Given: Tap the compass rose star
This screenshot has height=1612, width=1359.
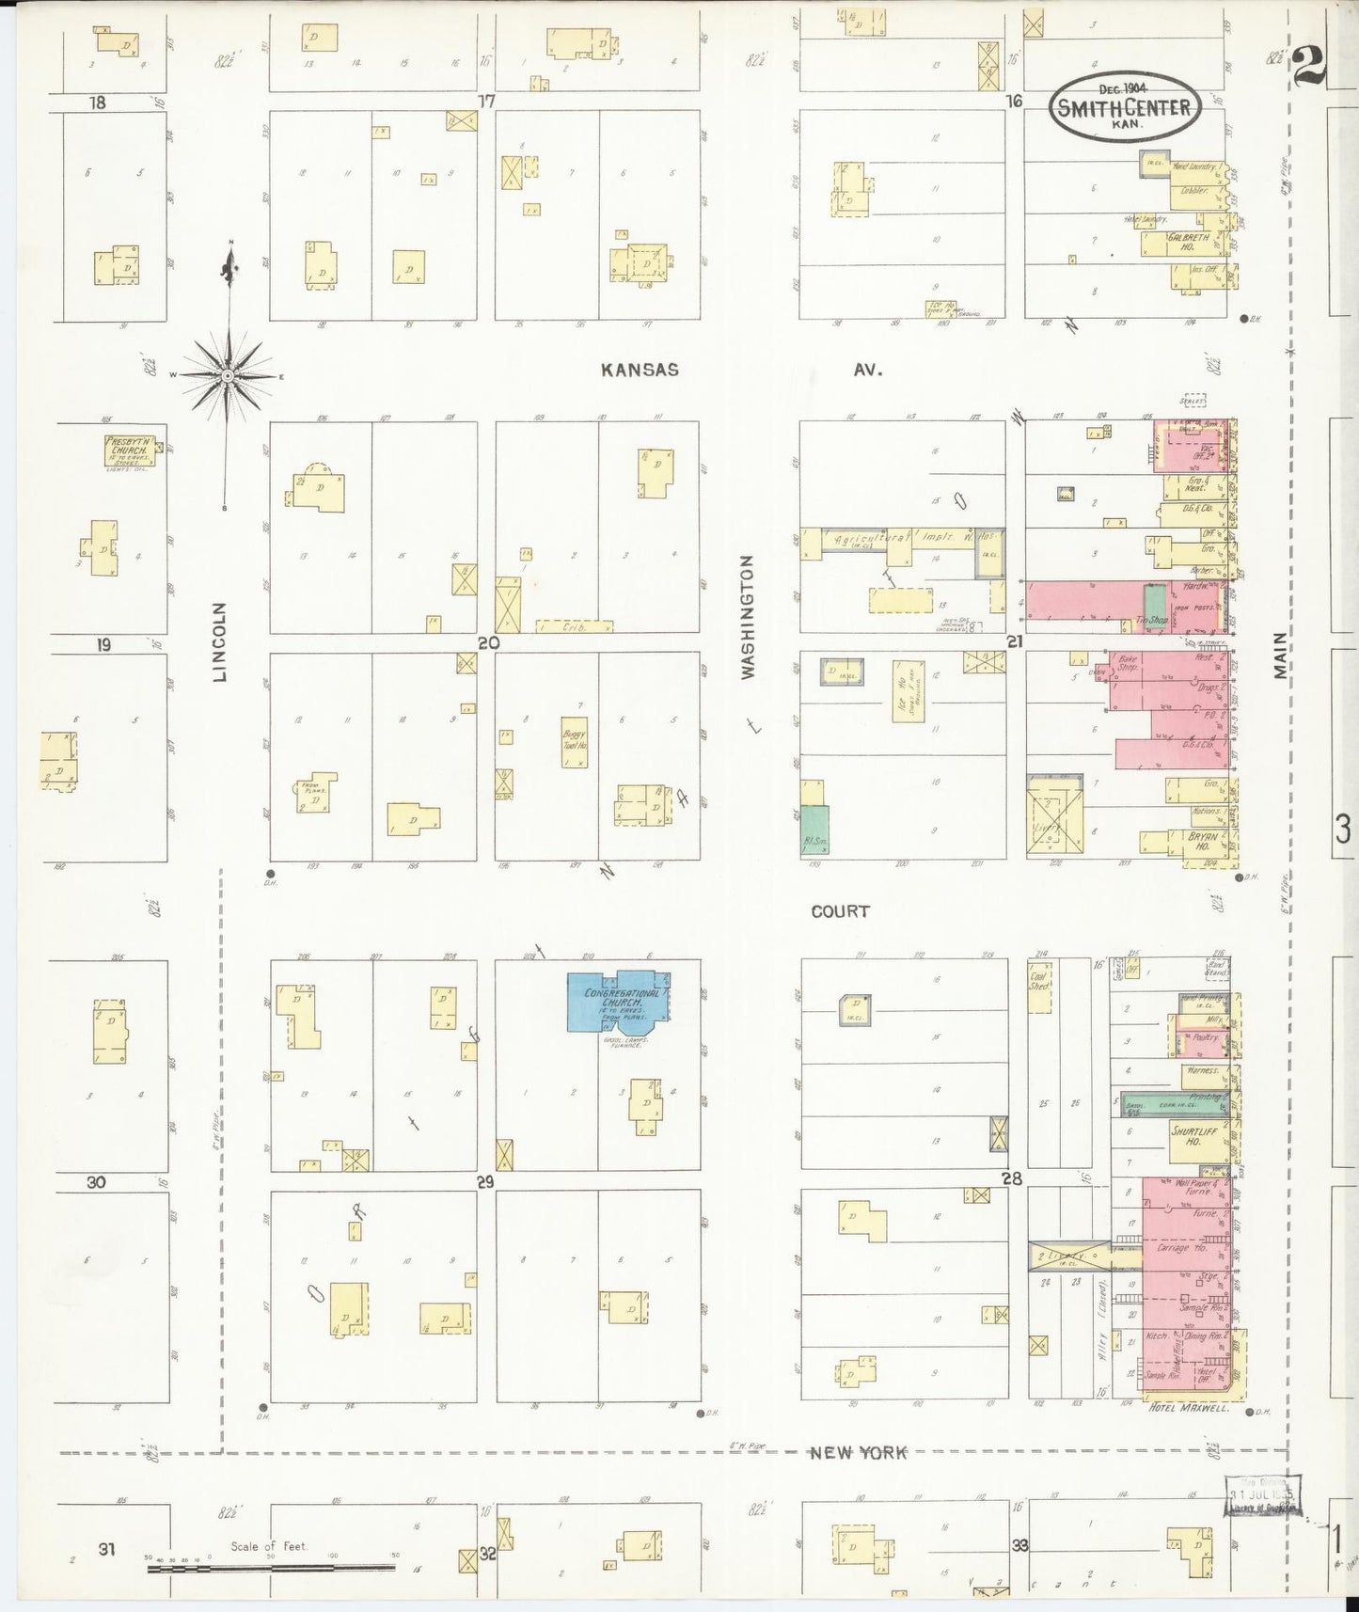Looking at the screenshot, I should tap(228, 375).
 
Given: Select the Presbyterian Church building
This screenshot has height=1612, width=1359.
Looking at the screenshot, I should tap(130, 450).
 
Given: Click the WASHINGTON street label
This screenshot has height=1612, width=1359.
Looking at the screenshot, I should tap(748, 616).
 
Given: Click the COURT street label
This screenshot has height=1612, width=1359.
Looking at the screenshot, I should tap(841, 910).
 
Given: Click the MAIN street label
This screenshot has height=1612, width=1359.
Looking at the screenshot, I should tap(1281, 655).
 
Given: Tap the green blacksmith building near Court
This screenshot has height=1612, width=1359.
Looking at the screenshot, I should tap(814, 830).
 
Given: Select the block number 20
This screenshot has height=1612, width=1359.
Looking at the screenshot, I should tap(487, 643).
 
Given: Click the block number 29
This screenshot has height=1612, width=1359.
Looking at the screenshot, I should tap(485, 1182).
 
